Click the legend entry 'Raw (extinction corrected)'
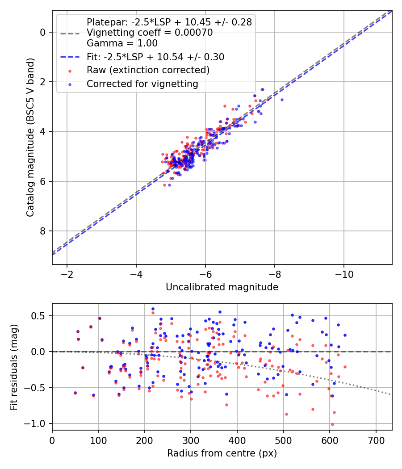pos(148,70)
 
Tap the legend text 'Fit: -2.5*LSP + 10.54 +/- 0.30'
pos(155,57)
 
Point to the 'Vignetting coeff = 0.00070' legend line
pos(150,33)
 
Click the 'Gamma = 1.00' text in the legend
pos(122,44)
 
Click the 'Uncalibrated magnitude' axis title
pos(222,287)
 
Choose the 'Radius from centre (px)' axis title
pos(222,453)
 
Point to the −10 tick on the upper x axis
pos(344,273)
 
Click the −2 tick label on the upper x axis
pos(67,273)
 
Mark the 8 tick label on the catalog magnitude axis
pos(42,231)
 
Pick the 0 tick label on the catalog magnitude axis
pos(42,32)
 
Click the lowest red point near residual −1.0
pos(332,424)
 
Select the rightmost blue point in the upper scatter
pos(282,100)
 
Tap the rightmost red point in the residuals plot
pos(345,367)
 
